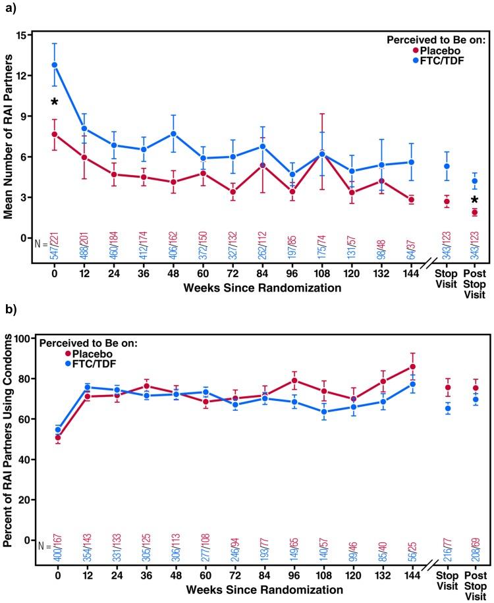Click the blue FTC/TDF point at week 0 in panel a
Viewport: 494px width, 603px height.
pyautogui.click(x=55, y=65)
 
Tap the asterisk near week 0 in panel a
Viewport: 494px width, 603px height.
pyautogui.click(x=55, y=102)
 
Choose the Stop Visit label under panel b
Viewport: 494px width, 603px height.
pyautogui.click(x=447, y=576)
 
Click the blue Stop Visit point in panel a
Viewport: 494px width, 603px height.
pyautogui.click(x=447, y=167)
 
